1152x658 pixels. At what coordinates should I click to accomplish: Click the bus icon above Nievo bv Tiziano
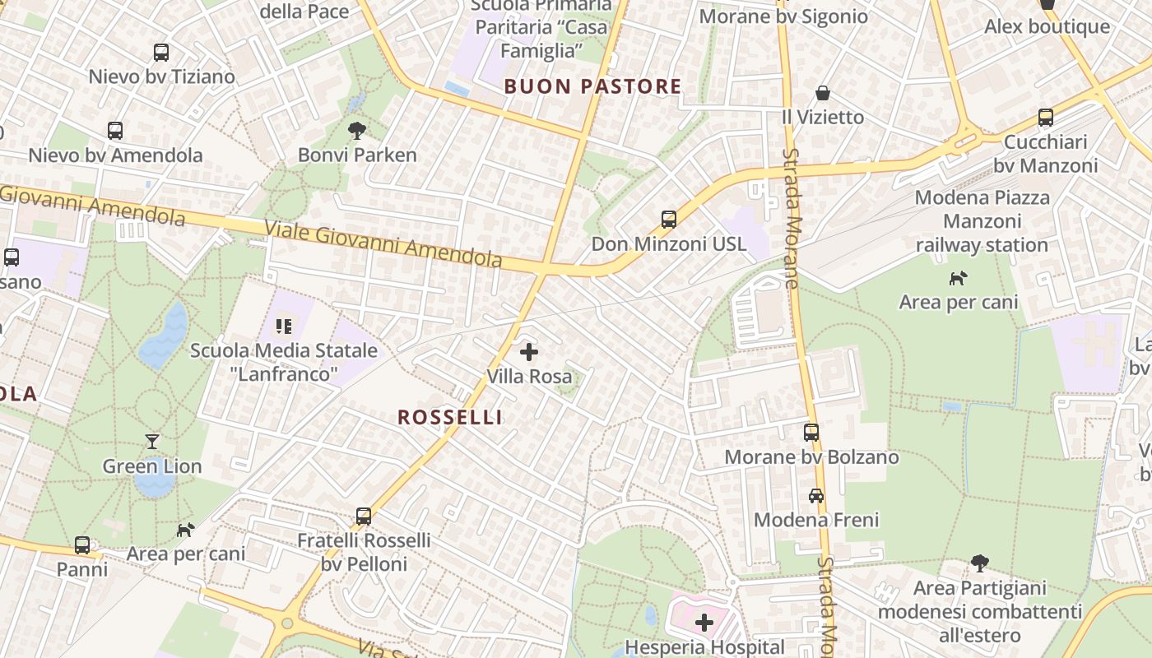pos(161,53)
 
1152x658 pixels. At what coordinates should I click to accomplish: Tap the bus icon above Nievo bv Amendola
pos(115,131)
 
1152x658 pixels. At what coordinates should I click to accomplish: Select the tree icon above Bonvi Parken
pos(357,130)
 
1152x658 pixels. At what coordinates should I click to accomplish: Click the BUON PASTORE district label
pos(592,86)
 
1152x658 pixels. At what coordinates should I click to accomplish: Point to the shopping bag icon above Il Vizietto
pos(823,93)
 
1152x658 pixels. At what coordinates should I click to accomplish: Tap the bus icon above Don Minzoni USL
pos(669,220)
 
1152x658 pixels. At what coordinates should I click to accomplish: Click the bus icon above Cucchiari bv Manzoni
pos(1046,118)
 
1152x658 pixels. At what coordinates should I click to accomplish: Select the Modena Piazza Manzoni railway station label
pos(982,221)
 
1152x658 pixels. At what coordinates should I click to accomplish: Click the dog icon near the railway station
pos(959,278)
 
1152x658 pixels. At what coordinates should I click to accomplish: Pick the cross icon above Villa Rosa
pos(529,353)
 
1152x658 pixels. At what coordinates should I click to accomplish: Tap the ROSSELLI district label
pos(450,417)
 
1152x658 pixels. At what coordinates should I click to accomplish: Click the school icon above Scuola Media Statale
pos(284,327)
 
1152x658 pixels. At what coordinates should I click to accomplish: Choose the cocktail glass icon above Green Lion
pos(152,442)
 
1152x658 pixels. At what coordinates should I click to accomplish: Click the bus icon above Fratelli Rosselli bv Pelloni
pos(364,517)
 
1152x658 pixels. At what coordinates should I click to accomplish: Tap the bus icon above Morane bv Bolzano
pos(811,432)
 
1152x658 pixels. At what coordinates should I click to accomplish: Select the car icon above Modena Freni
pos(816,496)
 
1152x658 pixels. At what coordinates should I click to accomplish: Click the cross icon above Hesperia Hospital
pos(704,623)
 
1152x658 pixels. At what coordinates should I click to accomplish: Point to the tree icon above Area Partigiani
pos(979,563)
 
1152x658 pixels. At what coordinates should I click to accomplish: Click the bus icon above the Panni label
pos(82,544)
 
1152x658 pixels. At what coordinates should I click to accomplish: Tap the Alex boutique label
pos(1047,26)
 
